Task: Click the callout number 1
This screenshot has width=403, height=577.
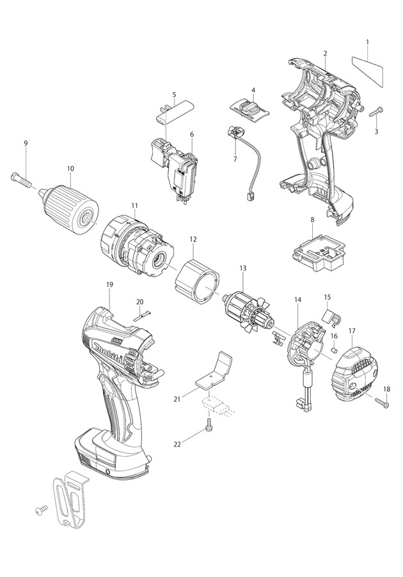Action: [x=367, y=42]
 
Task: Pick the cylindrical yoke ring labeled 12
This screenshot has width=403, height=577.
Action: [x=198, y=275]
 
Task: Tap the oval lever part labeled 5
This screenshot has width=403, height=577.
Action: [x=173, y=114]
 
